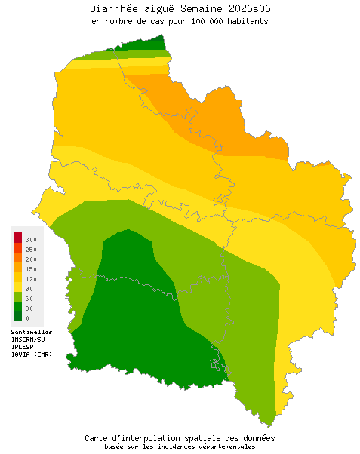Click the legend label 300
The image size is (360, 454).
tap(31, 239)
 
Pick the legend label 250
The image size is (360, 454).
tap(31, 249)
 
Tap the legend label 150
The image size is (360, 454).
tap(31, 268)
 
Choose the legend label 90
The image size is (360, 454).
tap(29, 288)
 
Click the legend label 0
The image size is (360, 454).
tap(27, 317)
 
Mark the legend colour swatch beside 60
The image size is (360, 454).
tap(18, 297)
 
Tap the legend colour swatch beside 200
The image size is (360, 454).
tap(18, 258)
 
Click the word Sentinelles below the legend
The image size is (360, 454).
tap(32, 332)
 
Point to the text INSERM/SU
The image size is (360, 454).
tap(29, 339)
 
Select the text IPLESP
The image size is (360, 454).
tap(23, 347)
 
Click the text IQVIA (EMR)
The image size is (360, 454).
tap(32, 354)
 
